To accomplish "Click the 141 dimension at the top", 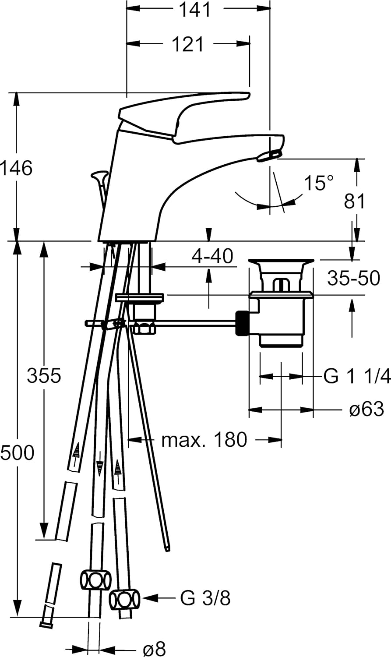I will [x=196, y=10].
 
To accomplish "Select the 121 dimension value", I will [x=188, y=44].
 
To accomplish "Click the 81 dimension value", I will [x=355, y=201].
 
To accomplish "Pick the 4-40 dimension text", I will [x=212, y=256].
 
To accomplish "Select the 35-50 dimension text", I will [x=353, y=278].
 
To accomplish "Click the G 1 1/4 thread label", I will [x=356, y=376].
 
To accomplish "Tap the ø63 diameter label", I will [x=366, y=410].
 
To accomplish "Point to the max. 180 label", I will [x=204, y=439].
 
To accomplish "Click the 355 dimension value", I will [x=44, y=375].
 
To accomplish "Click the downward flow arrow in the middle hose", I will [x=99, y=469].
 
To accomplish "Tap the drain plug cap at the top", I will [x=281, y=262].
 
